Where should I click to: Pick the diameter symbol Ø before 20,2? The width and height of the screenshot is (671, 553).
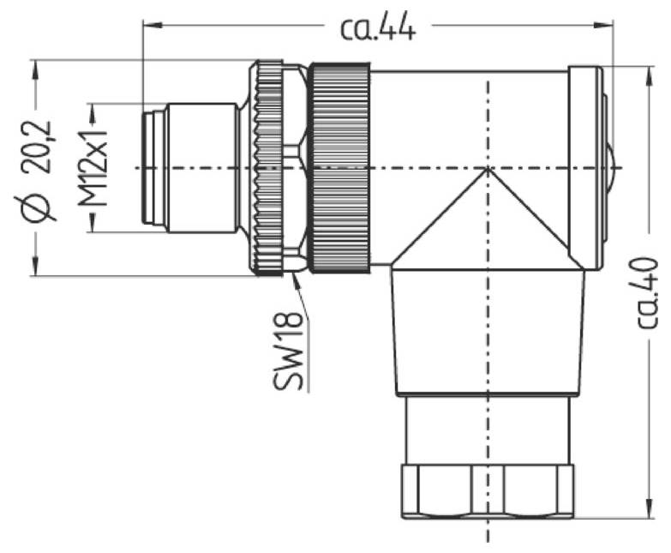point(39,206)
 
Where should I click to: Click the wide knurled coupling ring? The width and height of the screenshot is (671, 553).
point(340,168)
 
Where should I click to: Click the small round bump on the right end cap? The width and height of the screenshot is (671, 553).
point(609,168)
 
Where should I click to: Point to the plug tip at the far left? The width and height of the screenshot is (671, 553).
point(153,168)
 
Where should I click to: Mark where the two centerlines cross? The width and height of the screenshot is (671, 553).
point(488,168)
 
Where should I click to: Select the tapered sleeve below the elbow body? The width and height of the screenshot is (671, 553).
point(488,330)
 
